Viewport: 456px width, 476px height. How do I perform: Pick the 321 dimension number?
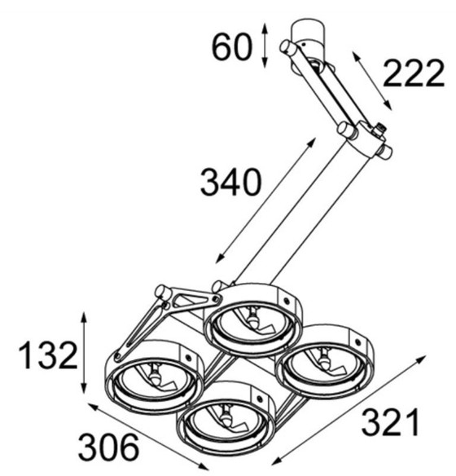tap(392, 423)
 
